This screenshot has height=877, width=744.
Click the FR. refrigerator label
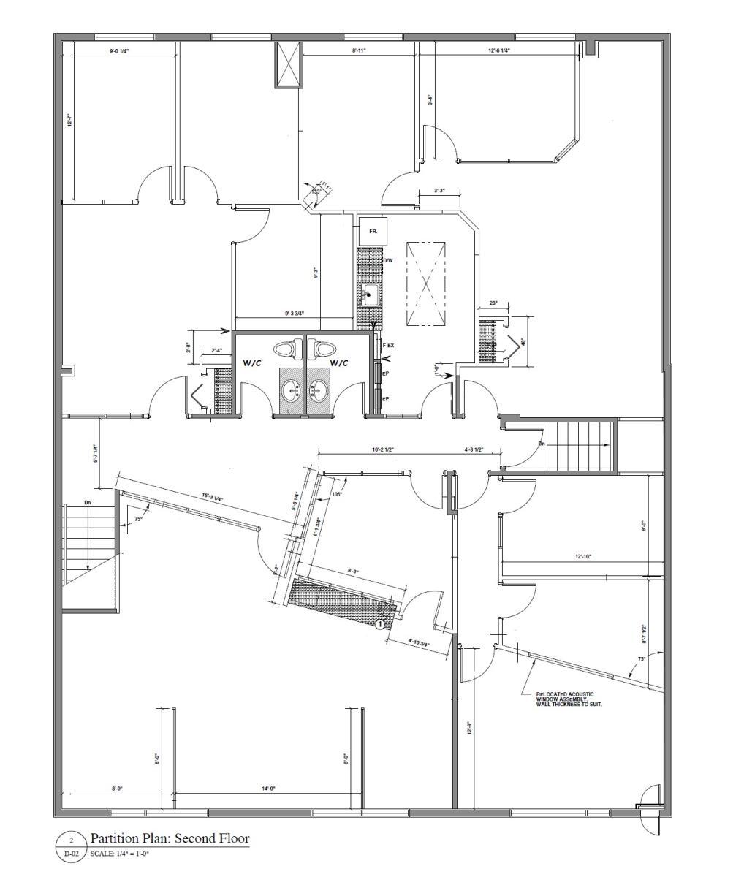point(373,231)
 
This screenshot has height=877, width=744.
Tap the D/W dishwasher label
point(388,260)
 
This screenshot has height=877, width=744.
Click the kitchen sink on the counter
point(371,295)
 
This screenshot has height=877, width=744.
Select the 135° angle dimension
point(316,191)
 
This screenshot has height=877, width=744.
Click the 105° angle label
point(337,494)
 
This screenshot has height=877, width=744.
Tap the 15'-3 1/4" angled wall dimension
point(213,498)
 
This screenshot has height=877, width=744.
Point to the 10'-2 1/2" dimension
point(383,450)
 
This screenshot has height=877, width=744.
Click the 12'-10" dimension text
point(582,557)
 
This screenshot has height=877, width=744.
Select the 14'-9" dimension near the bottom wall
point(268,789)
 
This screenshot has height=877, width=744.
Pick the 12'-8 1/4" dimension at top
point(499,50)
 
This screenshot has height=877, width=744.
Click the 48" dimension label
point(523,341)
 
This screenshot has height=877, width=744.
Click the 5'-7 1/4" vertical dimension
point(95,455)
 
